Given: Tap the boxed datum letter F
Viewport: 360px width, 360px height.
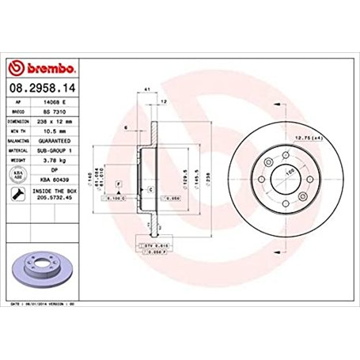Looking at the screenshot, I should [119, 184].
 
